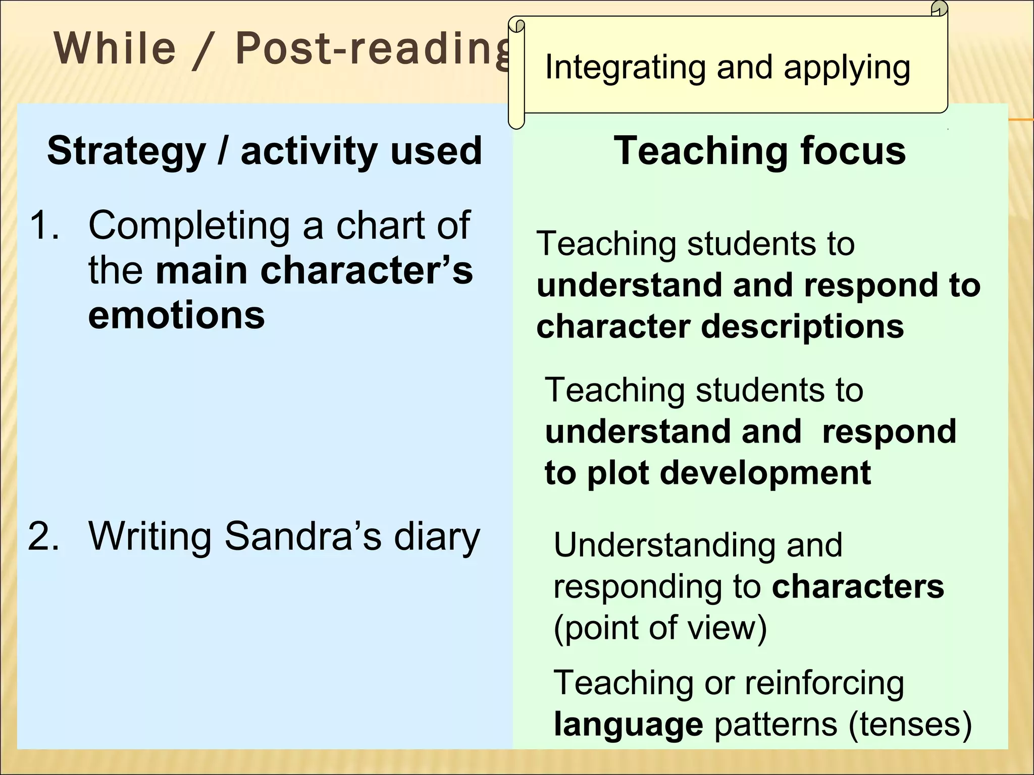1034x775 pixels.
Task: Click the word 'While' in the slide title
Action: (115, 48)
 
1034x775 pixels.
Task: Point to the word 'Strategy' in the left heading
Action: (126, 151)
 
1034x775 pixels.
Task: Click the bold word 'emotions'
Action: (176, 315)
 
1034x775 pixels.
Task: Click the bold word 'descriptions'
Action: (802, 327)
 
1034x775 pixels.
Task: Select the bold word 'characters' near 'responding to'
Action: (858, 586)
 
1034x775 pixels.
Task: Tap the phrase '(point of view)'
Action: (660, 628)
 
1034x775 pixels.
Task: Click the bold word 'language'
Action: (628, 725)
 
